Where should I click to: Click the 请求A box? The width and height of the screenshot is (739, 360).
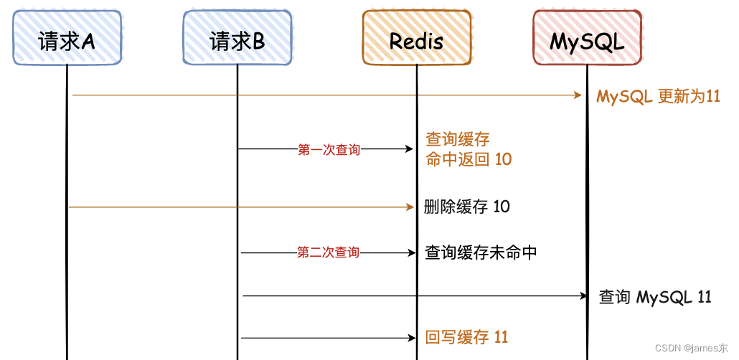pos(67,39)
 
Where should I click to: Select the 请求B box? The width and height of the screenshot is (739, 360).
pos(237,39)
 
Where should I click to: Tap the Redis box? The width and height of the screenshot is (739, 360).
pos(416,39)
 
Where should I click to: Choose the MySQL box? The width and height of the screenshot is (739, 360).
pos(587,39)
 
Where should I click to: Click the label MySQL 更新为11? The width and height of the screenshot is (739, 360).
pos(658,96)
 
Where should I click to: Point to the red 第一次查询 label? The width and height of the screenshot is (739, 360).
pos(329,150)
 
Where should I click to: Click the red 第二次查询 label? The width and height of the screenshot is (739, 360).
pos(329,252)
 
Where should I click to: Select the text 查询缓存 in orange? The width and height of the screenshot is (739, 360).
pos(458,139)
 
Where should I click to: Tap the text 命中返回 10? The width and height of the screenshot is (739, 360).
pos(469,159)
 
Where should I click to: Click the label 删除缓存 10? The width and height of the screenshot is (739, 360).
pos(467,207)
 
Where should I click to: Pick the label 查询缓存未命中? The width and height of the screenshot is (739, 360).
pos(481,252)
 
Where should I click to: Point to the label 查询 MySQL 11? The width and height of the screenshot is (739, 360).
pos(655,296)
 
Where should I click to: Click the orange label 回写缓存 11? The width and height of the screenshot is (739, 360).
pos(466,337)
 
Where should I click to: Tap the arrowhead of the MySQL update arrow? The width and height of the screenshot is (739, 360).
pos(578,95)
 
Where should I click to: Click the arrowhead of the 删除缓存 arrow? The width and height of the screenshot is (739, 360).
pos(410,207)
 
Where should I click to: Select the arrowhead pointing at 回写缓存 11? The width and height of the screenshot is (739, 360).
pos(410,337)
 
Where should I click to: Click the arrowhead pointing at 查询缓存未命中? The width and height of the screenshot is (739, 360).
pos(411,252)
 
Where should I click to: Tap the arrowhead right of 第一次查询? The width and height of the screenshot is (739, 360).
pos(410,149)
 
